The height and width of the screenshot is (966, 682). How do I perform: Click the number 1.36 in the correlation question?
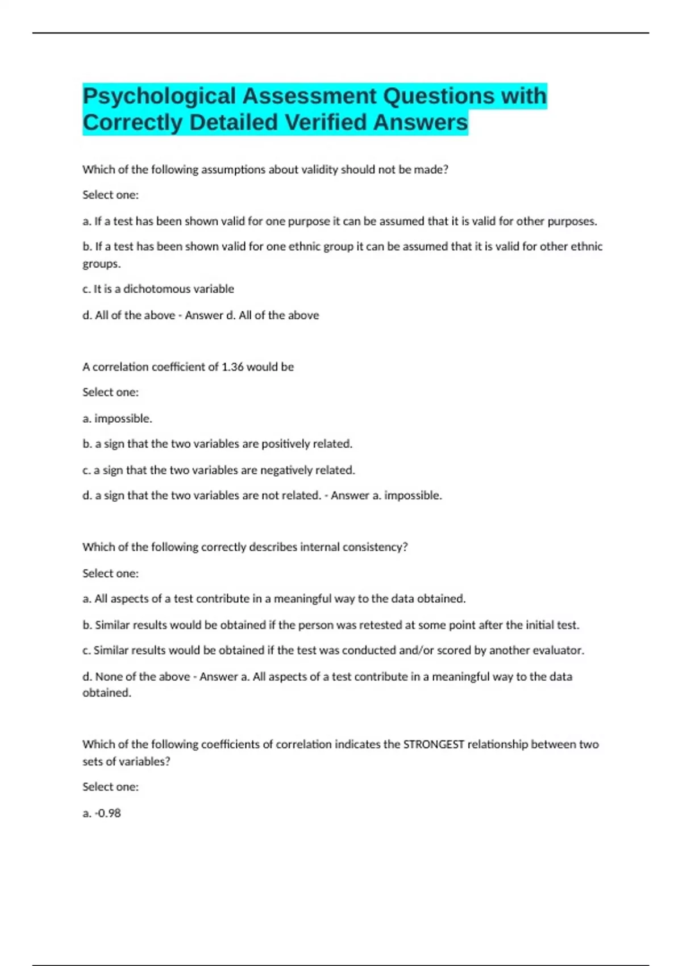click(232, 367)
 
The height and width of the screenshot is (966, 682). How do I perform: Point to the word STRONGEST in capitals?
click(434, 744)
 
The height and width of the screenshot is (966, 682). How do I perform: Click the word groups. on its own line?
click(101, 264)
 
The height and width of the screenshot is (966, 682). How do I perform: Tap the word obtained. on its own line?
click(107, 693)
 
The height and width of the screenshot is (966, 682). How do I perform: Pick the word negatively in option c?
click(285, 470)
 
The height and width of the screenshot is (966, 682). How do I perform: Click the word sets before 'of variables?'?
click(93, 761)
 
